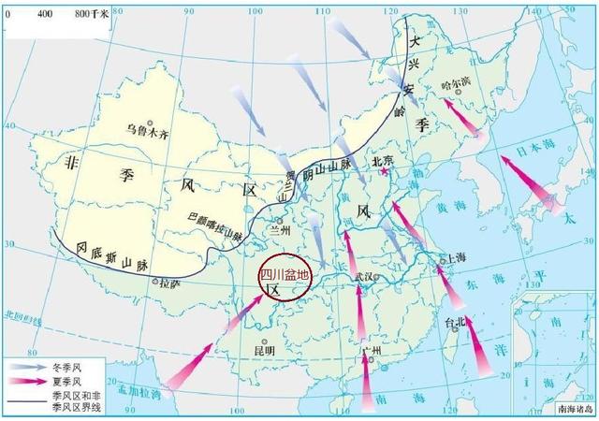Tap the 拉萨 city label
[x=168, y=281]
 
